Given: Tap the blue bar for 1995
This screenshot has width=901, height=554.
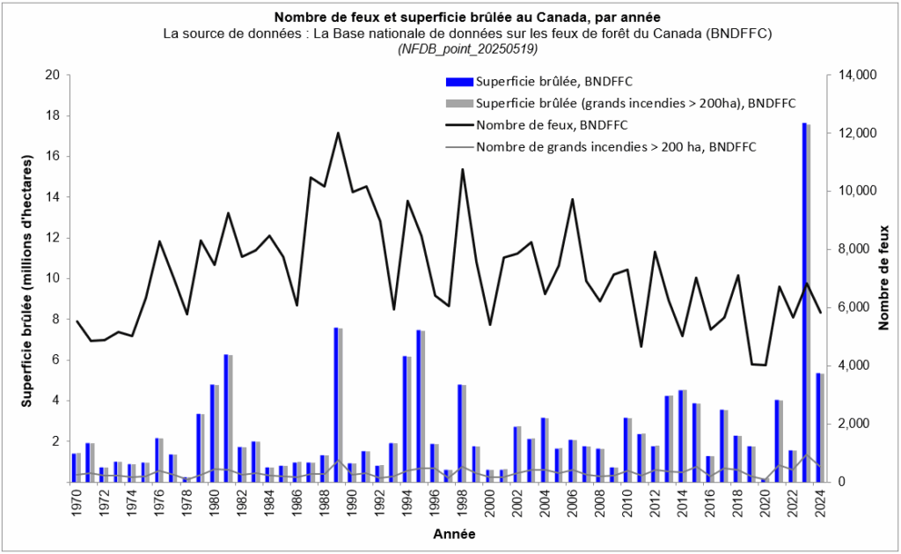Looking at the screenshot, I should point(419,405).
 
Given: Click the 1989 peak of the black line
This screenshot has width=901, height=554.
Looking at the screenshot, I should point(339,133).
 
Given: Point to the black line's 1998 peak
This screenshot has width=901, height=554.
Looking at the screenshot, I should point(463,169).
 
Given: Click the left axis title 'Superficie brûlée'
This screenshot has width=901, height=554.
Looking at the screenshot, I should point(26,279).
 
